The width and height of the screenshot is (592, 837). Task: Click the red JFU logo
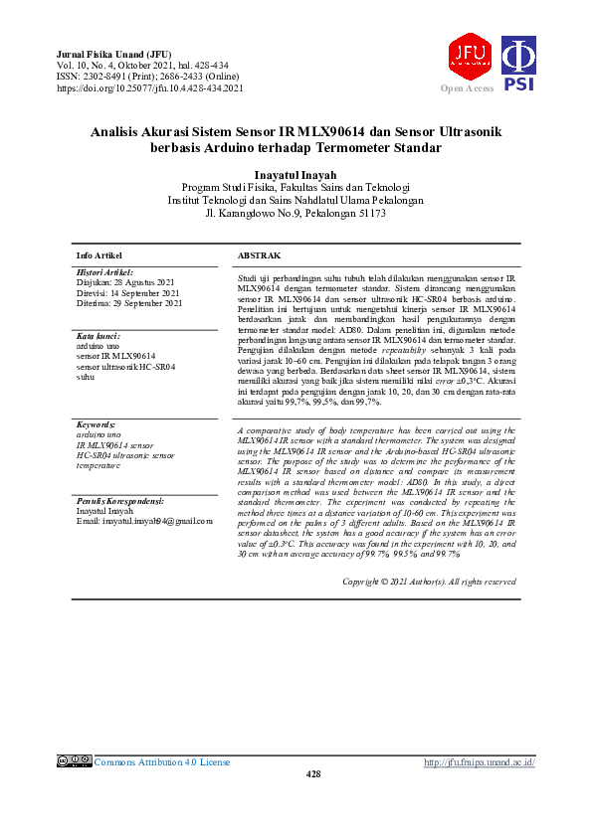tap(469, 56)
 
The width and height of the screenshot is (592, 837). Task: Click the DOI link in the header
tap(150, 88)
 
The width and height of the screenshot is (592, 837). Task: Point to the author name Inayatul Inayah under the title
tap(296, 174)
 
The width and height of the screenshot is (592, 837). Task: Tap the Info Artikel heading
tap(99, 255)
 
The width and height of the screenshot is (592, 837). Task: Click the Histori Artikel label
tap(104, 271)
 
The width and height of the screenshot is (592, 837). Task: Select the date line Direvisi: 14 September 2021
tap(127, 293)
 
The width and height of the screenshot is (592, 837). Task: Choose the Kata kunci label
tap(98, 337)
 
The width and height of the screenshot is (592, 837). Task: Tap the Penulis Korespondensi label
tap(120, 501)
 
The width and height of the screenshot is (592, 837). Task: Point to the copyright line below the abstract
tap(428, 581)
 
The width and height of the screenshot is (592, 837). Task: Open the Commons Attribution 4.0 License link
tap(161, 762)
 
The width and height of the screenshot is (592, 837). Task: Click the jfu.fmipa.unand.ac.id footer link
tap(480, 762)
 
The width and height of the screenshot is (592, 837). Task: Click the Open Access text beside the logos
tap(467, 88)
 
